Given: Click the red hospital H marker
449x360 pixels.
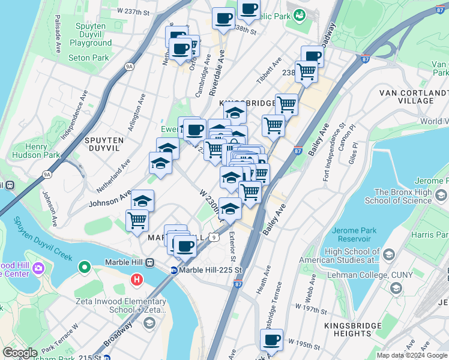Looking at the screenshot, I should (x=137, y=280).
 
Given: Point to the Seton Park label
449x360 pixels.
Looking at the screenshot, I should (x=89, y=58).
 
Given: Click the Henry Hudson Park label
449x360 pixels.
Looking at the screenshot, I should (x=34, y=151).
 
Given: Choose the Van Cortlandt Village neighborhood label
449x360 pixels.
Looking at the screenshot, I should (x=414, y=97).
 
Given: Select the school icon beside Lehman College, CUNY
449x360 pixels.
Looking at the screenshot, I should (x=396, y=289).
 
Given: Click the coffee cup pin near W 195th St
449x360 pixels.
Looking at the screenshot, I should (x=271, y=340).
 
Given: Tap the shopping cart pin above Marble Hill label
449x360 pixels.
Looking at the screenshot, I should (x=137, y=220).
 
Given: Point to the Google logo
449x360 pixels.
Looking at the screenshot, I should (x=20, y=353).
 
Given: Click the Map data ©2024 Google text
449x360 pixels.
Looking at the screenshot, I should (x=412, y=355).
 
